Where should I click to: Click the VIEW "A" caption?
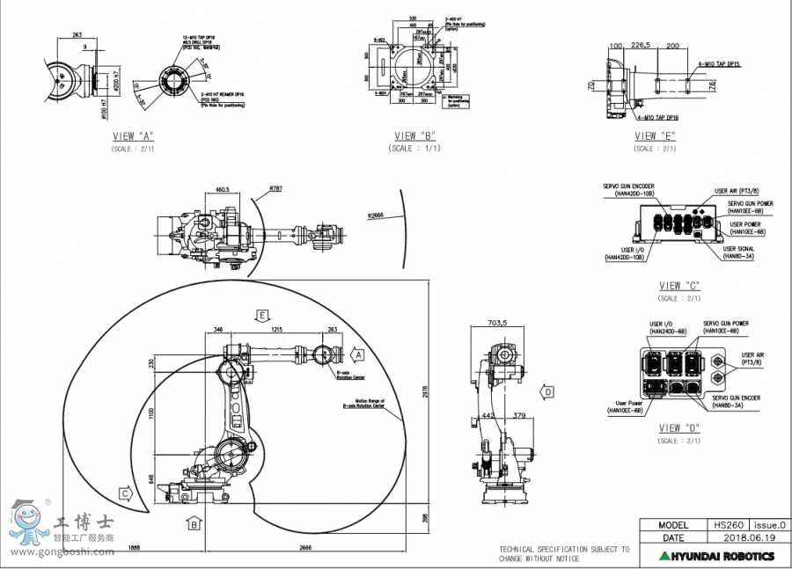click(x=132, y=136)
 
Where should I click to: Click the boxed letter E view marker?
click(x=260, y=314)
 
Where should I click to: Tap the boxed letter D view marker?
click(x=547, y=391)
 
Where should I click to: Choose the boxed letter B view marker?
click(x=192, y=524)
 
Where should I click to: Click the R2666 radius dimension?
click(x=377, y=215)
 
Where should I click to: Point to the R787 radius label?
click(x=275, y=188)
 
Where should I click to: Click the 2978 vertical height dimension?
click(x=427, y=396)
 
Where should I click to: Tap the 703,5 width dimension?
click(x=499, y=323)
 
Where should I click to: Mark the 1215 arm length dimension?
click(x=275, y=329)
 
